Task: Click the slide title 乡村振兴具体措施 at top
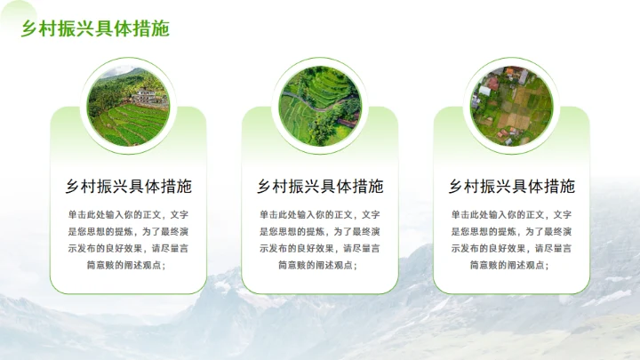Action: click(x=95, y=28)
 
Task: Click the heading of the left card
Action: click(x=128, y=187)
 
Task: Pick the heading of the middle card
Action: click(x=320, y=187)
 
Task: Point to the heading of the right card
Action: click(x=511, y=187)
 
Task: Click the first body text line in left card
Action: click(x=128, y=214)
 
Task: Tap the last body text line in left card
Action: click(x=128, y=265)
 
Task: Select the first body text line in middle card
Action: click(x=320, y=214)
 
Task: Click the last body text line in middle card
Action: click(x=320, y=265)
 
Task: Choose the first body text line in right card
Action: click(x=511, y=214)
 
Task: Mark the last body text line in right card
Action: click(x=511, y=265)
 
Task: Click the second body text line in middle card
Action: click(x=320, y=231)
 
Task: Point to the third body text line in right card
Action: click(x=511, y=248)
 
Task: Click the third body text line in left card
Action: click(x=128, y=248)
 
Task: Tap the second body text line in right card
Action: click(x=511, y=231)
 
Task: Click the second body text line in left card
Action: click(x=128, y=231)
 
